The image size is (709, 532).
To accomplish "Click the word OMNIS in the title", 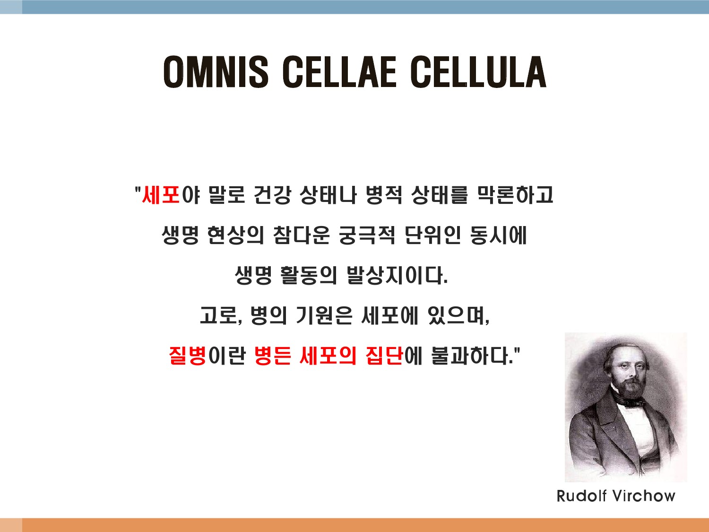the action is [216, 72].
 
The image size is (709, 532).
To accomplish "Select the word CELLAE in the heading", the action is [339, 72].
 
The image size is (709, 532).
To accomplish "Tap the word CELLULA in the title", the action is [478, 72].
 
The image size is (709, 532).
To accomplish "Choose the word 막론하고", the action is [515, 195].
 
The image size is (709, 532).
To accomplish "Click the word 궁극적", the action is [367, 235].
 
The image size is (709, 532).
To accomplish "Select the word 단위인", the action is [433, 235].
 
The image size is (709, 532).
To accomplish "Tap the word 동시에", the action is [498, 235].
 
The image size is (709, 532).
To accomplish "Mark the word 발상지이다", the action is [398, 275].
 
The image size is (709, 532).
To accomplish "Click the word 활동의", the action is [309, 275].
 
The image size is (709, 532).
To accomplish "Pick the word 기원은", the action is [324, 315].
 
